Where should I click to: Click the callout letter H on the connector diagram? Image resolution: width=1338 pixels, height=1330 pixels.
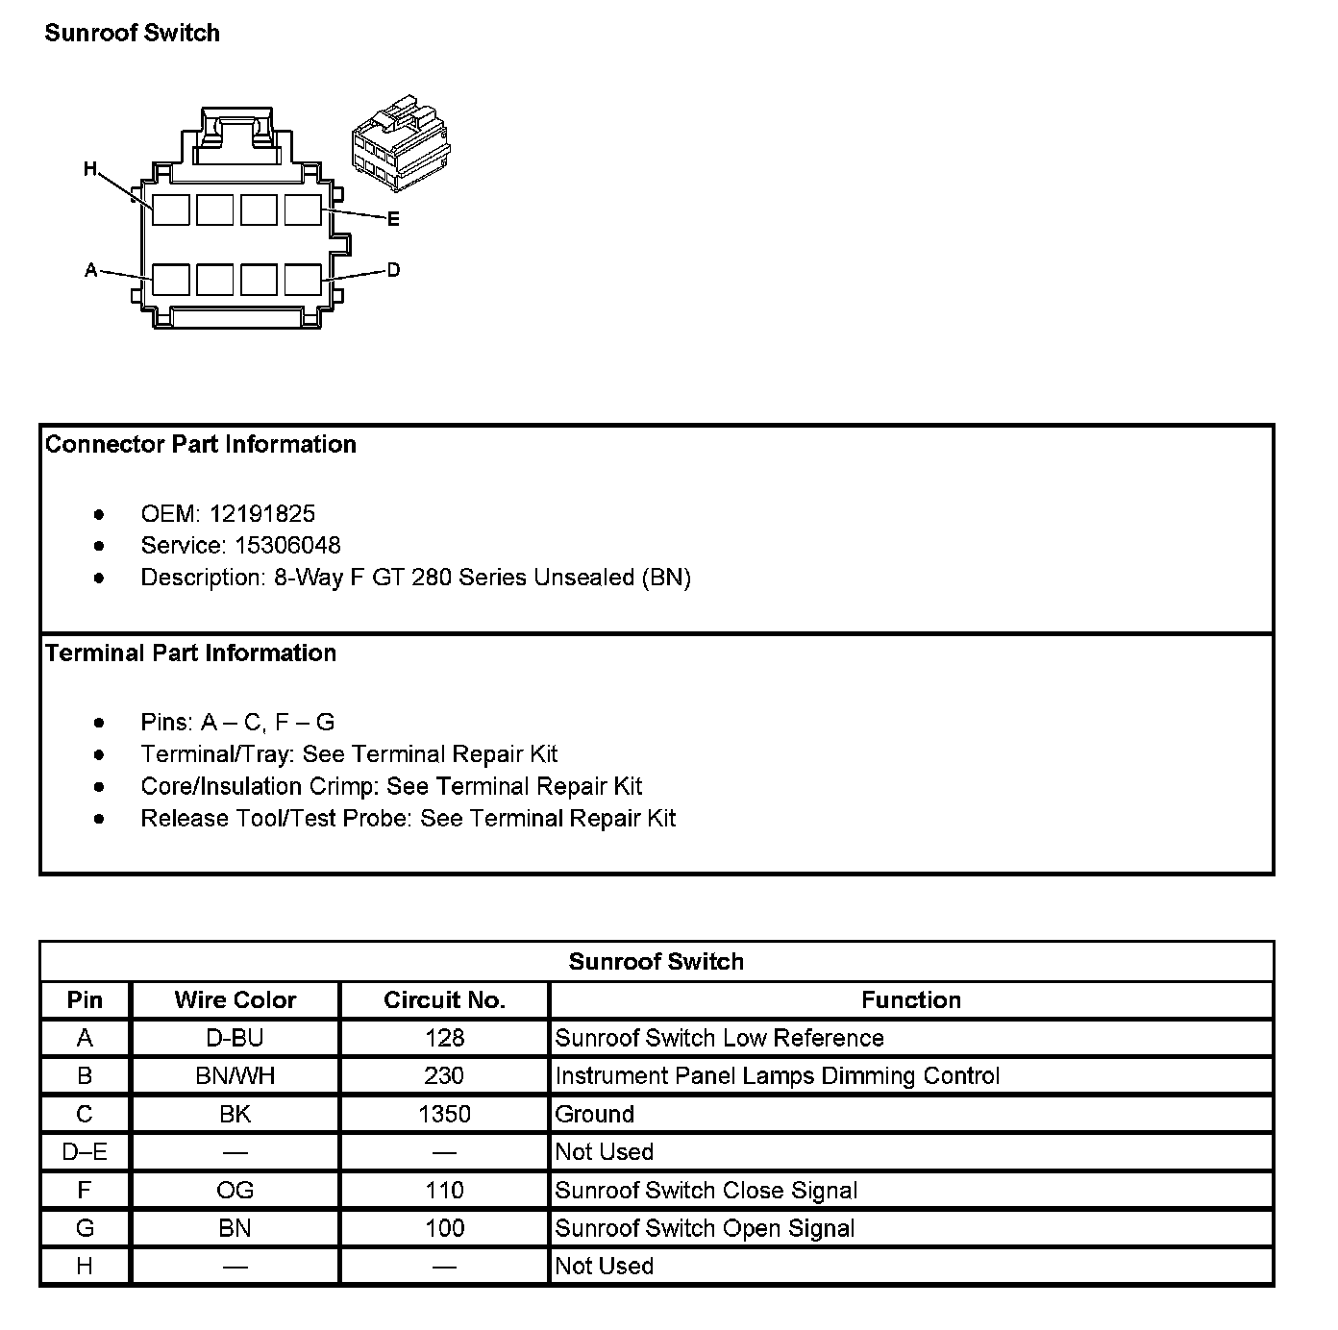click(90, 170)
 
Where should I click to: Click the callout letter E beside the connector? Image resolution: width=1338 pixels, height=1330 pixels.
click(393, 219)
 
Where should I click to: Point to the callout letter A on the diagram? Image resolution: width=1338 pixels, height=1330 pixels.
click(91, 270)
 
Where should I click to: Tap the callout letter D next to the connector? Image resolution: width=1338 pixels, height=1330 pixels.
click(393, 270)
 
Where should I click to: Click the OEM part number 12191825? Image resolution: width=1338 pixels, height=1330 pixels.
click(262, 514)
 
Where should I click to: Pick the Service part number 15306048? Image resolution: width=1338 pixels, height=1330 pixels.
click(287, 546)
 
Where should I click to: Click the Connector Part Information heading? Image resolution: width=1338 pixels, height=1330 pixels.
click(200, 444)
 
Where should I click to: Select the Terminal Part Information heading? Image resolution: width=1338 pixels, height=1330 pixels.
click(190, 653)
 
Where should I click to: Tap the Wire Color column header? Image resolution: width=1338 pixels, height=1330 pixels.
click(235, 1000)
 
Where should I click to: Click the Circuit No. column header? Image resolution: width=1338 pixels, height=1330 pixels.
click(444, 1000)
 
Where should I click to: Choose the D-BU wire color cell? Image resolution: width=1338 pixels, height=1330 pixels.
click(235, 1038)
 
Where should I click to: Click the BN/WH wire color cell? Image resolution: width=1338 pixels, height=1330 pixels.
click(235, 1076)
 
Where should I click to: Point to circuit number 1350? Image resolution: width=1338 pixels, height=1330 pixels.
click(444, 1115)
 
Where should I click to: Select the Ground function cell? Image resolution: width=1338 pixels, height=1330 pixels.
click(595, 1115)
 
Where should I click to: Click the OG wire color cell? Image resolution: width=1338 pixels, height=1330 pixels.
click(235, 1191)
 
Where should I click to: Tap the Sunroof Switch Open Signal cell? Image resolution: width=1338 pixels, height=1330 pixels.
click(705, 1228)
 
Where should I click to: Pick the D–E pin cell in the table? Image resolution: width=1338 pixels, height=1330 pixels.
click(85, 1152)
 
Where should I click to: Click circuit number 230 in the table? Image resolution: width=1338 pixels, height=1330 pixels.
click(444, 1076)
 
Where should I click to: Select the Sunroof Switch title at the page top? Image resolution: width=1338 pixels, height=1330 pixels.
click(133, 33)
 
